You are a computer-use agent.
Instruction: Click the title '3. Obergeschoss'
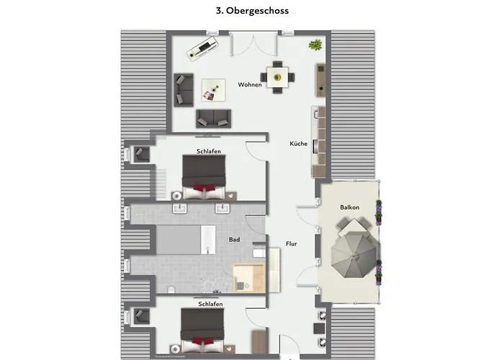(252, 11)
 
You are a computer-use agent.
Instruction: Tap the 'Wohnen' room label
(250, 85)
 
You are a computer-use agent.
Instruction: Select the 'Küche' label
(299, 144)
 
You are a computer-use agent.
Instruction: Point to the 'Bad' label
(234, 239)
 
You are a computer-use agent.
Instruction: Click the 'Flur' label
(292, 244)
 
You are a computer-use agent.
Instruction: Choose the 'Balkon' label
(350, 207)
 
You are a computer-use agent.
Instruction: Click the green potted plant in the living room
(315, 45)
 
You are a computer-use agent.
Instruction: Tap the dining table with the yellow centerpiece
(276, 76)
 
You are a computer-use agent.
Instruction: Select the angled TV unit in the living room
(202, 50)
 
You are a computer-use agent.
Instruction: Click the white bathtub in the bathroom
(207, 240)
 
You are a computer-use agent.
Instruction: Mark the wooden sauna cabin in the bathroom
(249, 277)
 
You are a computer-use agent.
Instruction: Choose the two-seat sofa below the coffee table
(213, 117)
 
